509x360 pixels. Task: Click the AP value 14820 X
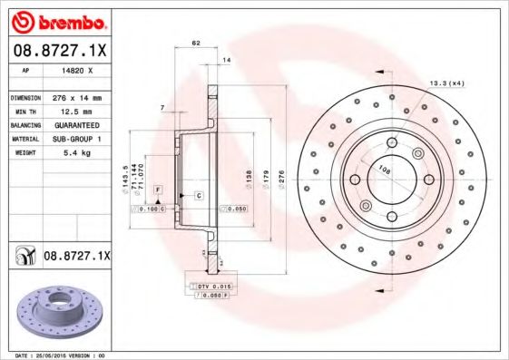74,69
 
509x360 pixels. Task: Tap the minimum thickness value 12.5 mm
75,111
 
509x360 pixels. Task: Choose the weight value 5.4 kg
74,153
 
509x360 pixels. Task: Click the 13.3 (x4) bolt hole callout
446,83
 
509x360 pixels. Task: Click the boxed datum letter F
158,188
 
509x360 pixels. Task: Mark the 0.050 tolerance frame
234,209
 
